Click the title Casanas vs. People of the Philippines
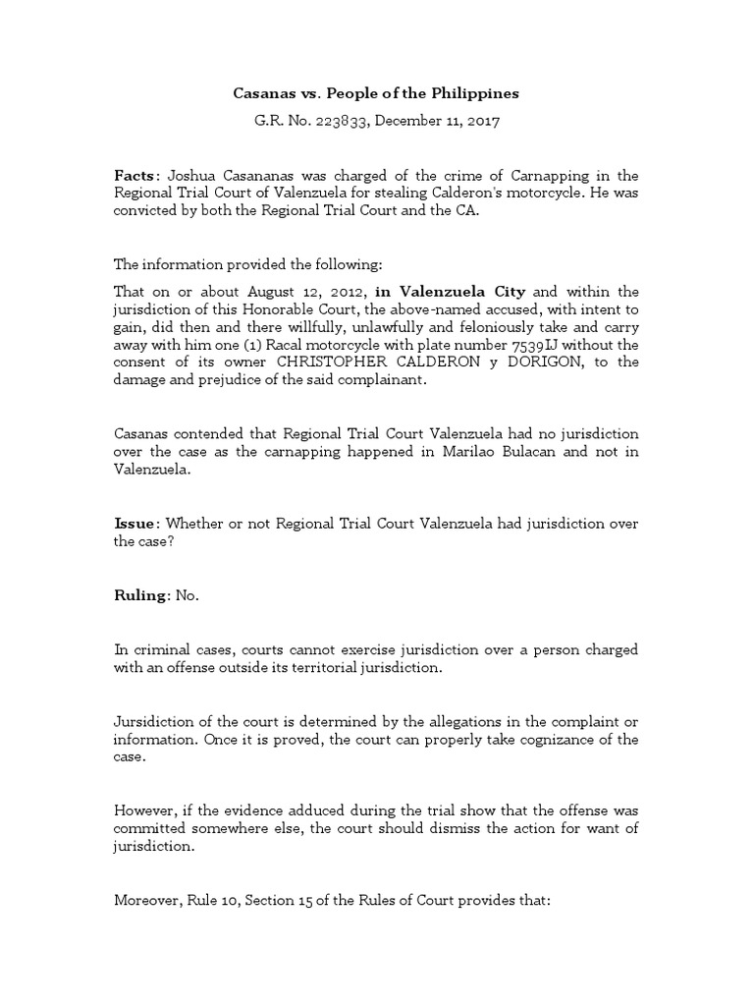376,93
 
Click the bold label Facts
134,174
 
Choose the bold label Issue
134,524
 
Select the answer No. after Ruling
187,596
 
